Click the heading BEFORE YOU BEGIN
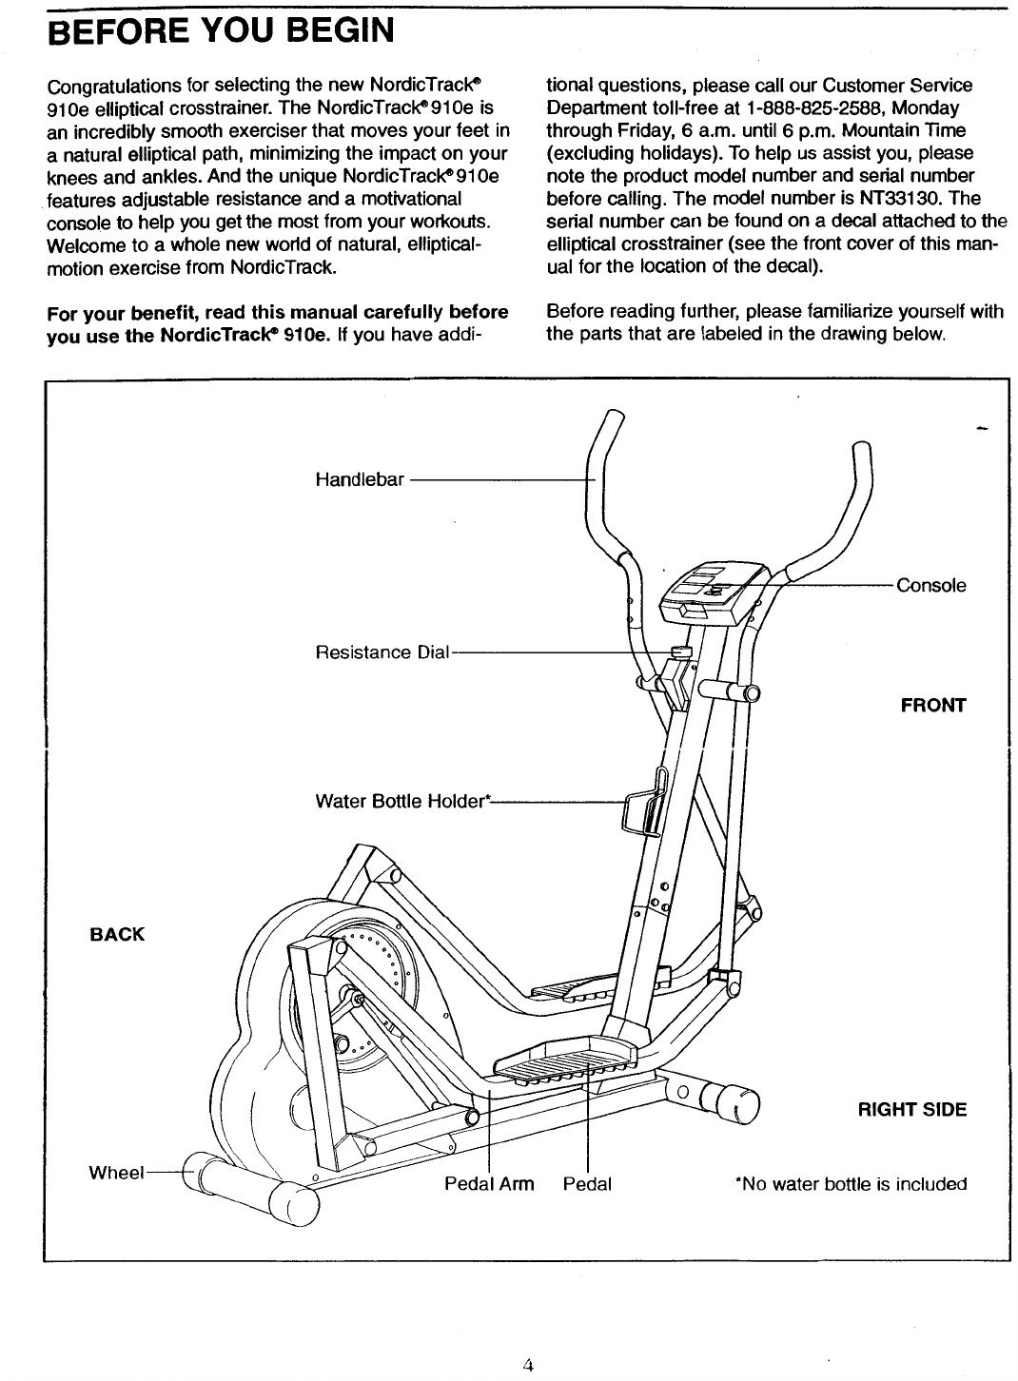point(220,31)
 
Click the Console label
point(931,586)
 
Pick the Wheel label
point(115,1172)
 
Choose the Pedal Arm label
point(489,1184)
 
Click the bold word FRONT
point(933,706)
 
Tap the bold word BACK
point(117,934)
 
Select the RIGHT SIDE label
point(911,1110)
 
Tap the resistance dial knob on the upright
point(681,652)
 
